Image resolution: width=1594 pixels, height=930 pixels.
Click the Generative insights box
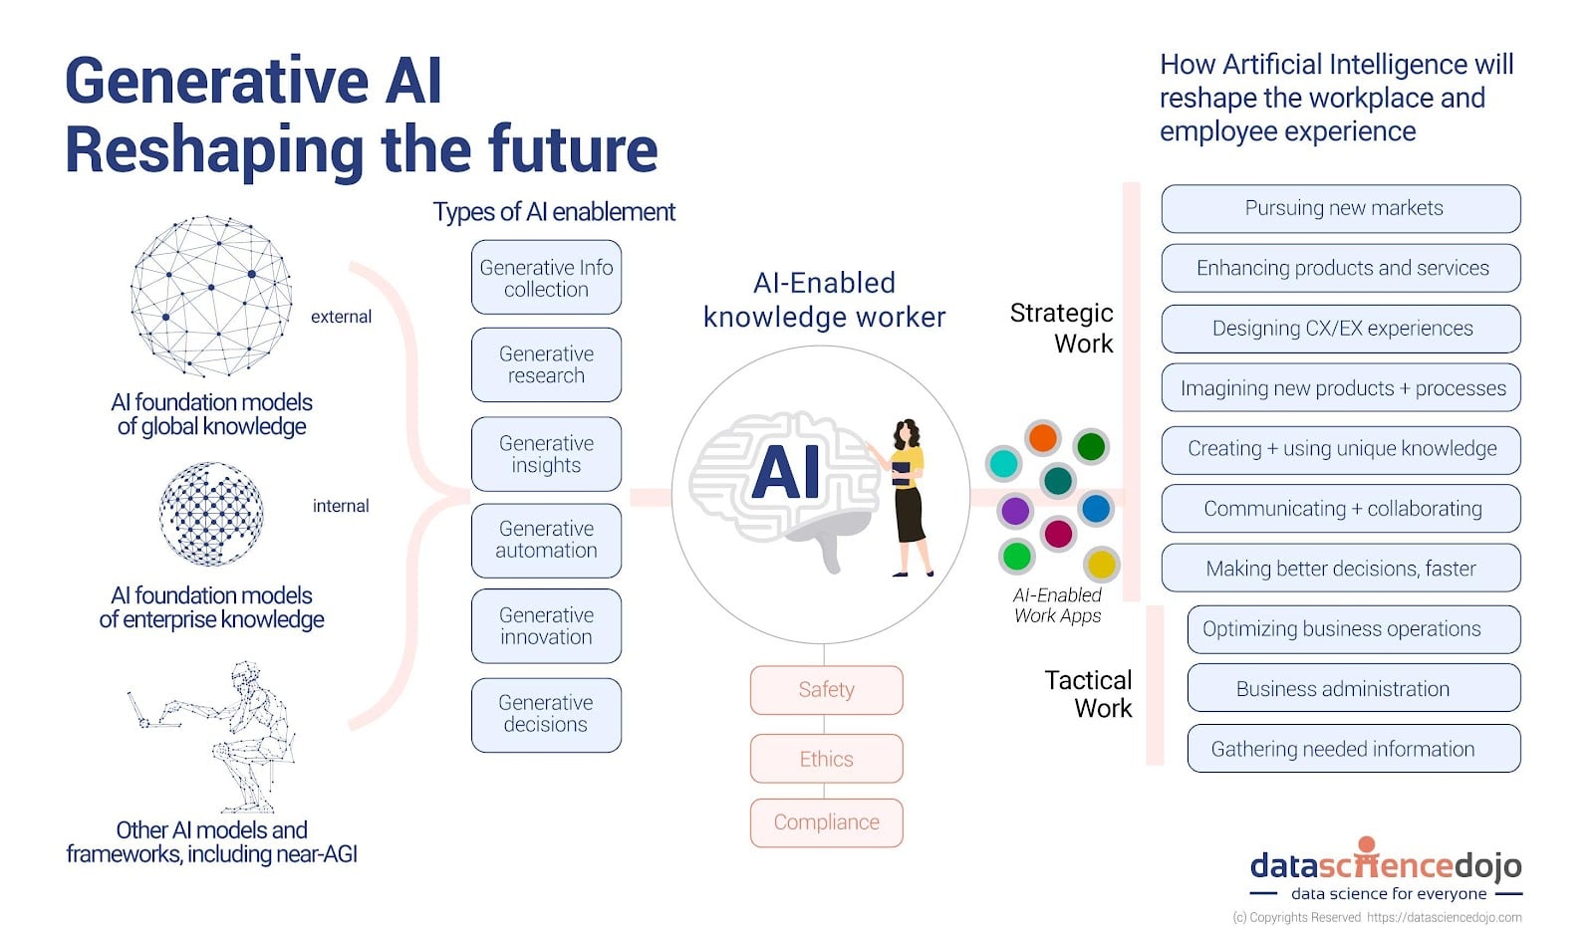pos(546,454)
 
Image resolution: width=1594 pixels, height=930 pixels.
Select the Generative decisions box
pos(546,714)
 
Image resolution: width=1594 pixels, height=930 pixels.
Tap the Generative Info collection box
pos(546,278)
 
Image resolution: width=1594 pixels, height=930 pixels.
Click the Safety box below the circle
pos(826,690)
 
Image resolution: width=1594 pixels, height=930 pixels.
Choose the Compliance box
pos(826,822)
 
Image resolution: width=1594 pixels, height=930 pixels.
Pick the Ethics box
pos(826,759)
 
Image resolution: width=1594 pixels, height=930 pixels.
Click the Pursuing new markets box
pos(1341,208)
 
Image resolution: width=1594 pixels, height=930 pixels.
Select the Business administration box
pos(1353,689)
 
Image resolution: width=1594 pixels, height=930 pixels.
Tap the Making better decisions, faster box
pos(1341,569)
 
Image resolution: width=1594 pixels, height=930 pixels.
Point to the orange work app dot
pos(1042,437)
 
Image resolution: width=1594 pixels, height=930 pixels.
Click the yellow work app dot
pos(1101,565)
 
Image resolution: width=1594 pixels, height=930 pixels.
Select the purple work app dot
pos(1015,511)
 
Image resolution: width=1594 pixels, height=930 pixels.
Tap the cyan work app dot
pos(1003,463)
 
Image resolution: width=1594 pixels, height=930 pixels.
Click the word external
pos(341,317)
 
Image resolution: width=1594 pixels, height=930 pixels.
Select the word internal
pos(341,506)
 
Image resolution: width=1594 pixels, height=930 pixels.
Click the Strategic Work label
pos(1062,328)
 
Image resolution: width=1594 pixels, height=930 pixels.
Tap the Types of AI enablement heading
pos(554,212)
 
